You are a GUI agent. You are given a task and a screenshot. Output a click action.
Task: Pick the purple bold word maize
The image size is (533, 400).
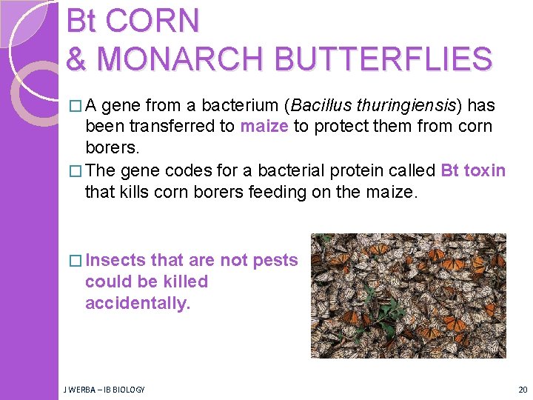click(264, 127)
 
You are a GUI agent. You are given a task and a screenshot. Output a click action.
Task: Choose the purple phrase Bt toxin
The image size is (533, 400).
click(473, 171)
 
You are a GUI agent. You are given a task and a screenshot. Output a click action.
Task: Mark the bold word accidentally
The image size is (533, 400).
click(138, 303)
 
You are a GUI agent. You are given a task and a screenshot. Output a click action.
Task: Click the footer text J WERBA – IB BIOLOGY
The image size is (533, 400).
click(104, 390)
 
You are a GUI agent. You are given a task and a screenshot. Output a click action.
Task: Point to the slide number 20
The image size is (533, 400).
click(523, 390)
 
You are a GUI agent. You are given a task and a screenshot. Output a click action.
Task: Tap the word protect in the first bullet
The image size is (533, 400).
click(339, 127)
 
